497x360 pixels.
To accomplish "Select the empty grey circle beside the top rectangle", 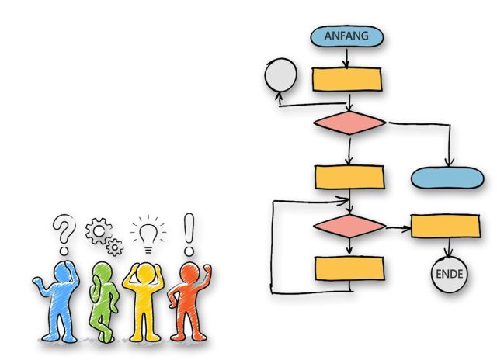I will (x=280, y=75).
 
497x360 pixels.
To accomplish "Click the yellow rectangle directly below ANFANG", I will (x=346, y=79).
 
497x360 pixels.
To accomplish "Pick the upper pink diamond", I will (x=349, y=123).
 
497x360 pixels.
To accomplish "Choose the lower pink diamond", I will (x=349, y=226).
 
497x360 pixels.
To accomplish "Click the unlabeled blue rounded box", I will (x=446, y=178).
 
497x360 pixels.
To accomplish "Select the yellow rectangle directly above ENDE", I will (x=445, y=226).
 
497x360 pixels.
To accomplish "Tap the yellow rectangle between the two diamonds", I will (x=349, y=177).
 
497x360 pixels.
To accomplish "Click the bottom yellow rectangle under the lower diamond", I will (x=349, y=268).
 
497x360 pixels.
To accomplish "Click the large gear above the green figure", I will (x=99, y=232).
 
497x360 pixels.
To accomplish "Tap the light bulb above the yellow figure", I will (x=148, y=232).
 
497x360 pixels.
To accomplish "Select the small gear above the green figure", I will (x=115, y=247).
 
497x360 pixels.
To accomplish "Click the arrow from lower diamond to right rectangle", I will (x=398, y=227).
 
